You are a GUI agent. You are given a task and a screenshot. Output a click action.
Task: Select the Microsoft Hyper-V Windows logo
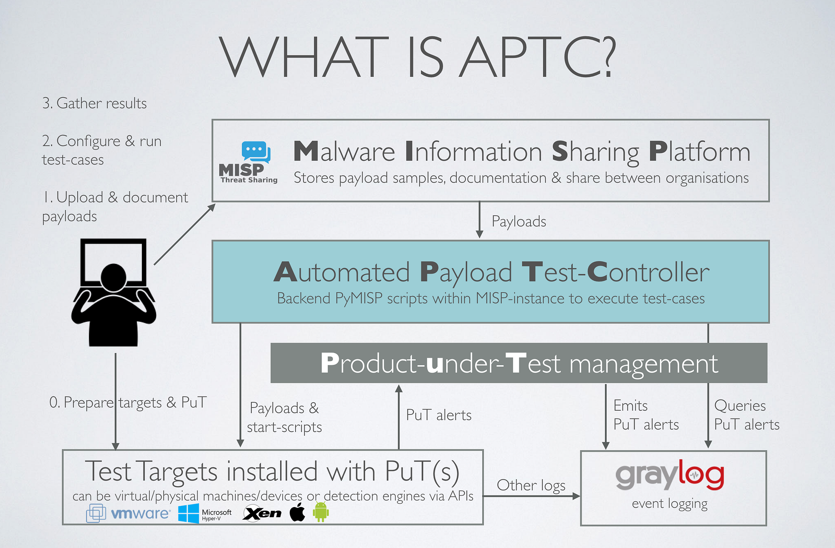189,513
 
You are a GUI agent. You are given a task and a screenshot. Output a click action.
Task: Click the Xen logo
262,513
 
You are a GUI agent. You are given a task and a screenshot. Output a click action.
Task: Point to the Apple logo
297,512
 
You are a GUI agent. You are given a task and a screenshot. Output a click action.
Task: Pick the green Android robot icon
321,512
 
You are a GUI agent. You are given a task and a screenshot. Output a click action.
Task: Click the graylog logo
670,475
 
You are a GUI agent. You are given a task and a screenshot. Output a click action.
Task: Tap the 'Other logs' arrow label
531,485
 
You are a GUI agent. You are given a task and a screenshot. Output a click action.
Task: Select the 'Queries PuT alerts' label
746,415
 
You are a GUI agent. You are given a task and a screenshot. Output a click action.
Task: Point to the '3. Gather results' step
94,103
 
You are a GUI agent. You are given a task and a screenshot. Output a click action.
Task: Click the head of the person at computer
114,277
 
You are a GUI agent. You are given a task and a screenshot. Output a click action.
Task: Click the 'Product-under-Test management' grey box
519,363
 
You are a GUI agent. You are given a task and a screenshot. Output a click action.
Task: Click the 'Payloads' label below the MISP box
519,221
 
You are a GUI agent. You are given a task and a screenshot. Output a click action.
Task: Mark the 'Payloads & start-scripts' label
284,417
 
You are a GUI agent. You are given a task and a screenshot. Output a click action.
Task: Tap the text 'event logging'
670,503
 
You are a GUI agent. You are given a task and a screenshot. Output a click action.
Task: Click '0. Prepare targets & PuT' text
128,402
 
